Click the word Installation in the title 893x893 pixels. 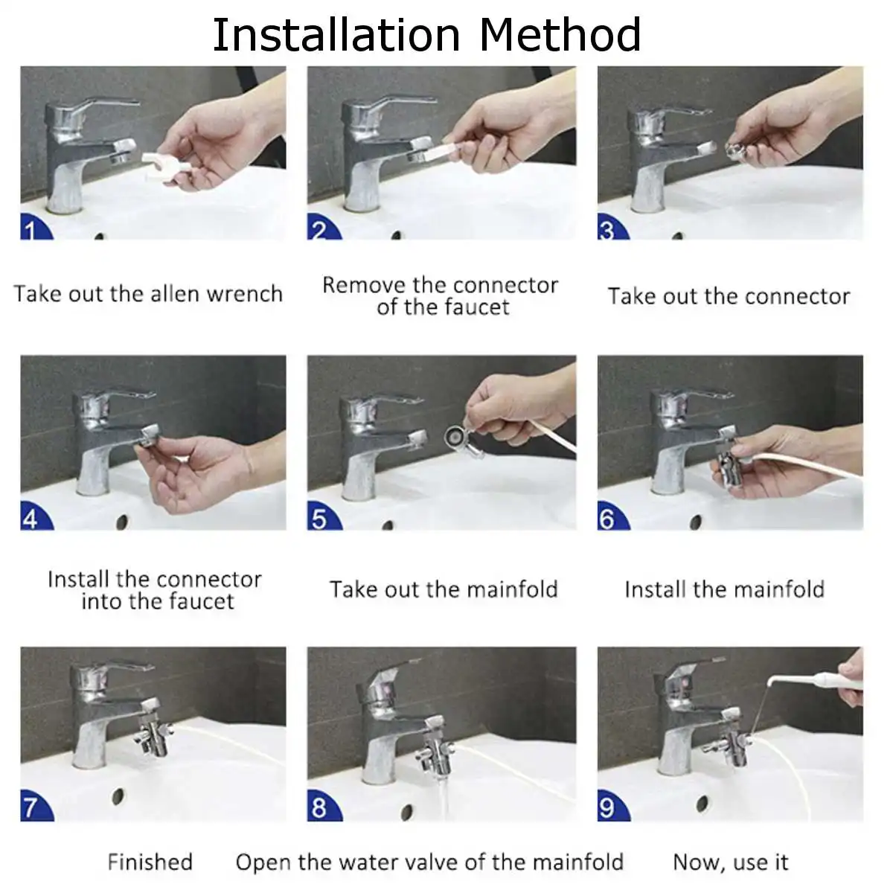point(336,35)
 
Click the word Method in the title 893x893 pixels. point(560,35)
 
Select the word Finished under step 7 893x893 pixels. point(150,862)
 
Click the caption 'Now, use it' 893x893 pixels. point(730,862)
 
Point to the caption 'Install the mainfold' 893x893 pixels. point(725,589)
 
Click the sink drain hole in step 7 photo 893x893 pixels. point(118,796)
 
